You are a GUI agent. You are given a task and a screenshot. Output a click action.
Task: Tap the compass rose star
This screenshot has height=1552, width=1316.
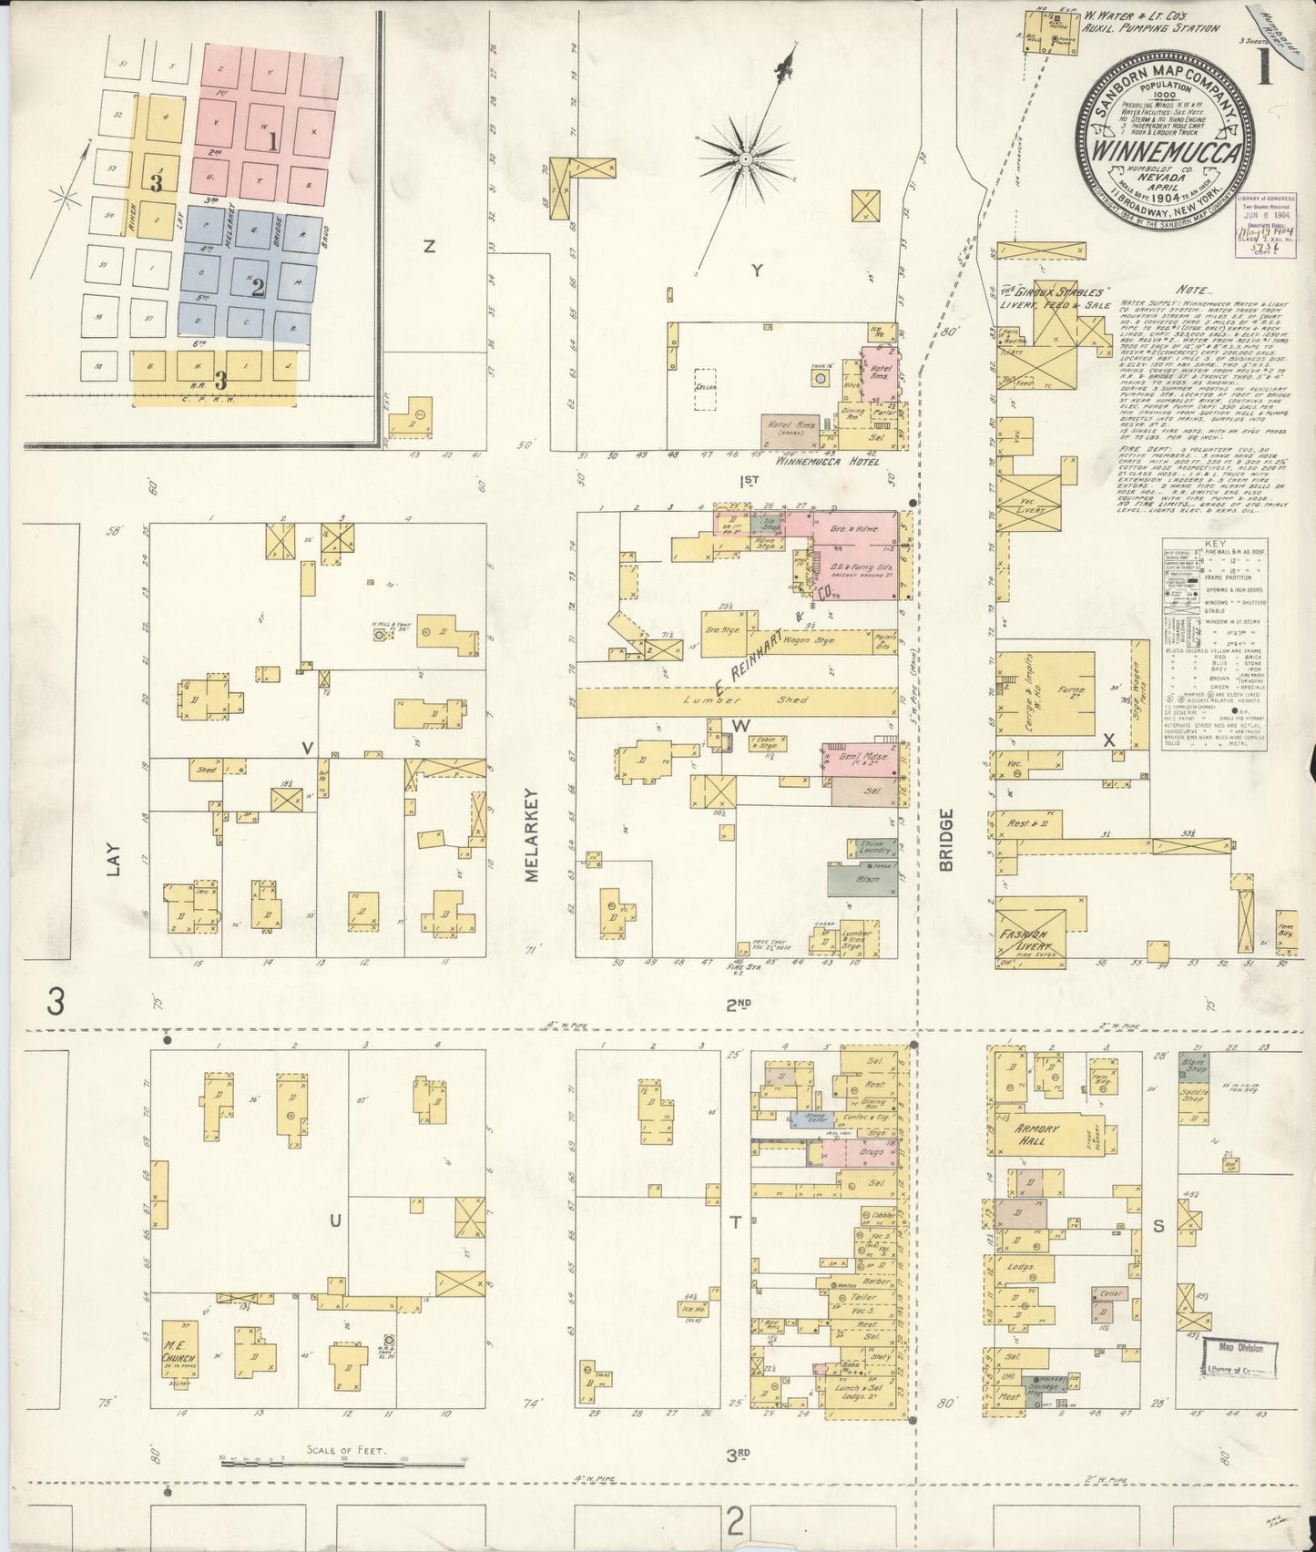pos(745,158)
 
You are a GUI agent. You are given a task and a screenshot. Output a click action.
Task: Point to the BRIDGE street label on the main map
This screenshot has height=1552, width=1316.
pos(945,839)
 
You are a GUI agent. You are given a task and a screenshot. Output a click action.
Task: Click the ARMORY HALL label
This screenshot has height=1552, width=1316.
pos(1038,1134)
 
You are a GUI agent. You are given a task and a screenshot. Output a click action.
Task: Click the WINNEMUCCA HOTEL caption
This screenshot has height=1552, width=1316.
pos(827,462)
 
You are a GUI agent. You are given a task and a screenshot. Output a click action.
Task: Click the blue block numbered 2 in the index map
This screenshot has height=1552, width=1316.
pos(258,288)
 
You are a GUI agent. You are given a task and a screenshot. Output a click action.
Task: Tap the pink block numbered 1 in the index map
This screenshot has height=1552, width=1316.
pos(272,141)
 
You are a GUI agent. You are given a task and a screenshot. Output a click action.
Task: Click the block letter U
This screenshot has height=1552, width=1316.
pos(334,1221)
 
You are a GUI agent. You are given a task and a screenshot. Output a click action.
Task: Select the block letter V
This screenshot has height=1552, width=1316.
pos(308,748)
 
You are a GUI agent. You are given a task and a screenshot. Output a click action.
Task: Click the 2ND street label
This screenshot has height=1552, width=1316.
pos(738,1004)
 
